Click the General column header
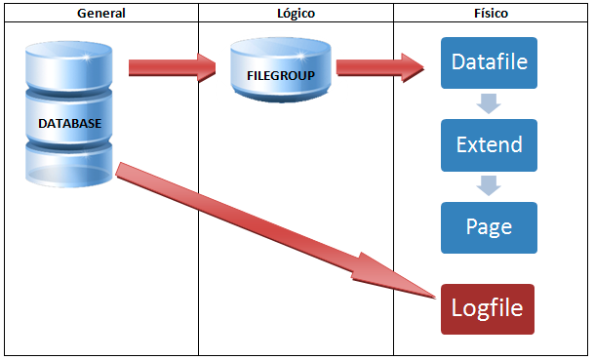99,13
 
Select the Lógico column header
296,13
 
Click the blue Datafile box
489,63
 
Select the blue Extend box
489,145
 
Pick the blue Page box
489,227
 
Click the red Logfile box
488,309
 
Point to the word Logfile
488,309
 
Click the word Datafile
489,63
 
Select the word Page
489,227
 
